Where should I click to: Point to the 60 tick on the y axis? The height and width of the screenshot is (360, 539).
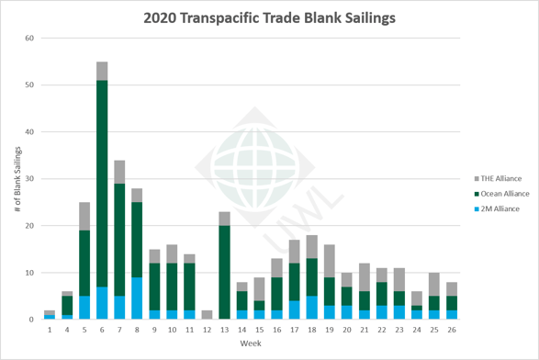(29, 38)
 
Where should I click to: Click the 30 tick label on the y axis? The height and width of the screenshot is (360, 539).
(29, 179)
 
